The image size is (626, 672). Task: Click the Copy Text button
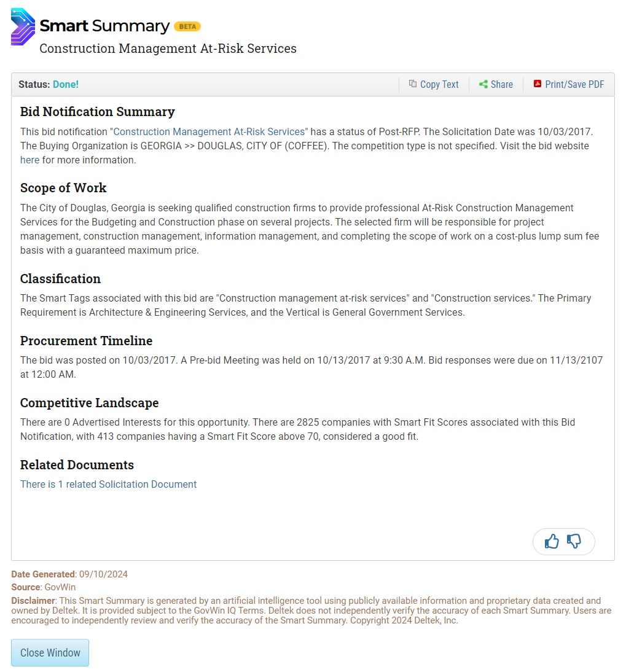click(x=434, y=85)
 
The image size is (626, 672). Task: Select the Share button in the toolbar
click(x=496, y=85)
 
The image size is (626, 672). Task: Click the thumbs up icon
click(x=552, y=541)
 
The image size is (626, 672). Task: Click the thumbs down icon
click(x=574, y=541)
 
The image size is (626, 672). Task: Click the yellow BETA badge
click(x=187, y=26)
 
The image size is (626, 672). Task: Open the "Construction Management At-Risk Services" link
click(x=209, y=131)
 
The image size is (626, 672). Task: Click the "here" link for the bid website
click(x=29, y=160)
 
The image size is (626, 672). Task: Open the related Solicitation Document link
click(x=108, y=485)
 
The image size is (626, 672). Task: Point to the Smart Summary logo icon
click(x=23, y=26)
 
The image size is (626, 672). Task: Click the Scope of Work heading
click(x=63, y=188)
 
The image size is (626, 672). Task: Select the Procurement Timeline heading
click(x=86, y=341)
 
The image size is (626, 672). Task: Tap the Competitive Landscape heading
click(x=89, y=403)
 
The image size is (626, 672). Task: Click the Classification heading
click(x=60, y=279)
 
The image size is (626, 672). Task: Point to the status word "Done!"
click(x=66, y=85)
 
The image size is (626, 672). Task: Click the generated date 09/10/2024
click(x=103, y=575)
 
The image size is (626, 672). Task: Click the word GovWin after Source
click(x=60, y=588)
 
